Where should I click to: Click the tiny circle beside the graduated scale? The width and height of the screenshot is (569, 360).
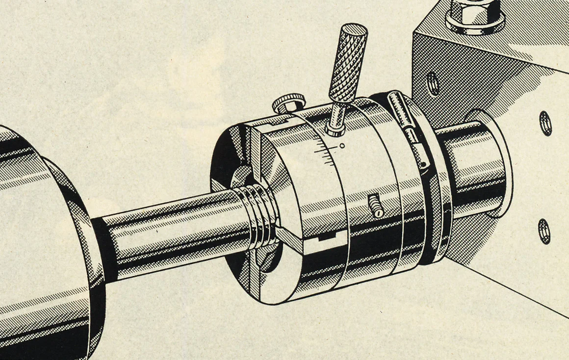[342, 145]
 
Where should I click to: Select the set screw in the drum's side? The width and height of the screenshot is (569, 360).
[375, 206]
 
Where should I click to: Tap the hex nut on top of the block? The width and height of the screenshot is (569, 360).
[475, 15]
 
